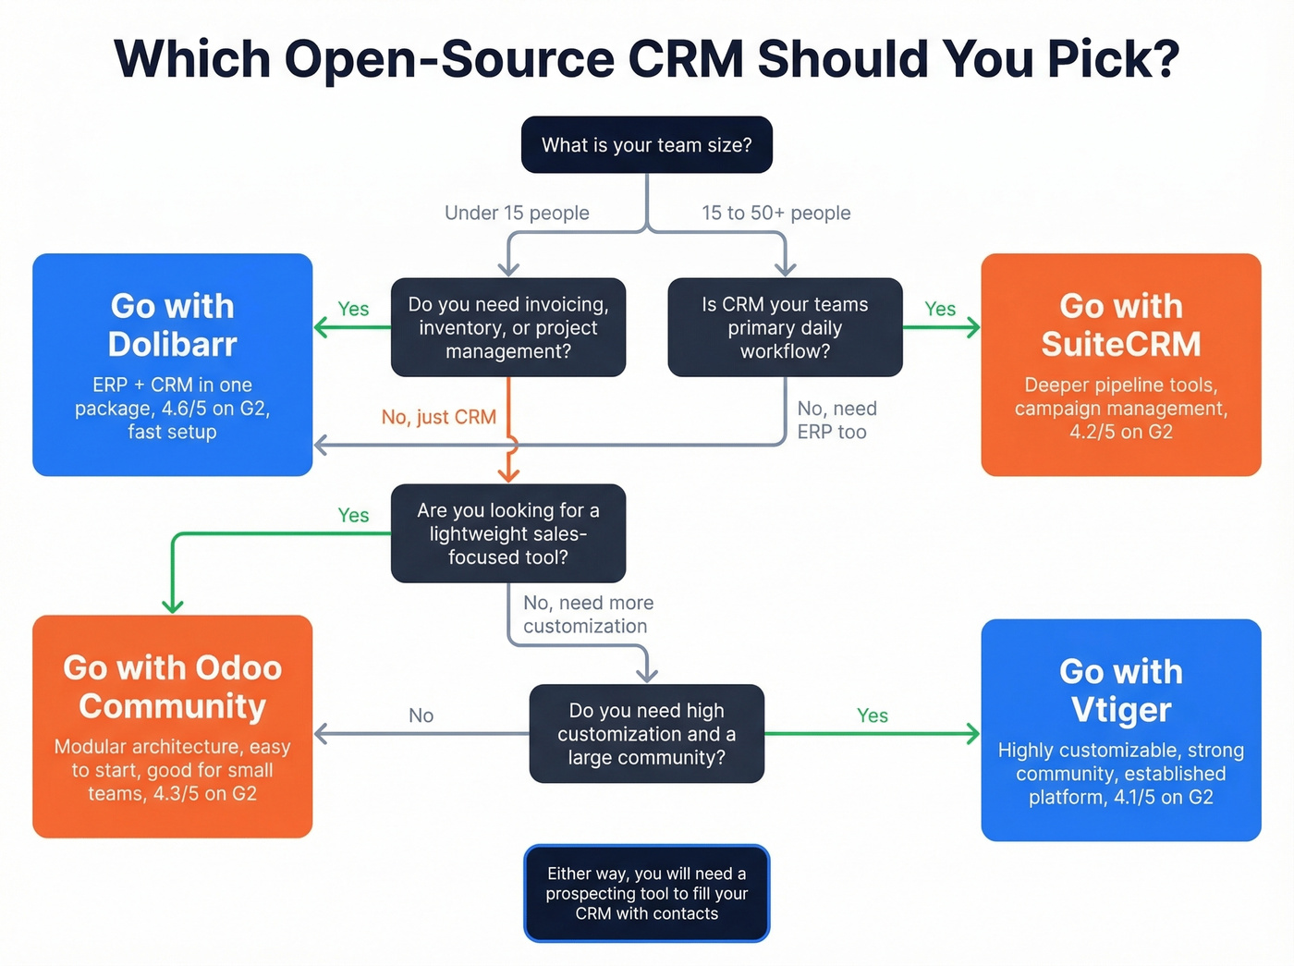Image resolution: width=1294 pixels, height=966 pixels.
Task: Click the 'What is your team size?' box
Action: click(x=646, y=145)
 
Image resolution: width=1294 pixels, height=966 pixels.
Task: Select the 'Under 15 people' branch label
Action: click(x=517, y=213)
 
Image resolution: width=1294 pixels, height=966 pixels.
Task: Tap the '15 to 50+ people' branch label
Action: click(x=775, y=213)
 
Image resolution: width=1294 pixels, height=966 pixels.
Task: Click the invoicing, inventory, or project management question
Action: click(x=508, y=327)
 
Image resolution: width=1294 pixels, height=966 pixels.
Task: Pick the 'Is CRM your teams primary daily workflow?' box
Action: click(x=785, y=327)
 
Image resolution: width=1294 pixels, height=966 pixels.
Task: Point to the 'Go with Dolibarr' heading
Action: click(x=173, y=324)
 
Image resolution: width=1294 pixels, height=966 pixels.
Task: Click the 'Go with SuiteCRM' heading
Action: click(x=1120, y=324)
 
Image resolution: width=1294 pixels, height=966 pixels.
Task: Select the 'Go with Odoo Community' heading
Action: click(x=173, y=687)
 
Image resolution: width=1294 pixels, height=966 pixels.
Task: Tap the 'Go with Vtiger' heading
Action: click(x=1120, y=691)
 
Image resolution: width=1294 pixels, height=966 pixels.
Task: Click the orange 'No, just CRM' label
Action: click(x=439, y=417)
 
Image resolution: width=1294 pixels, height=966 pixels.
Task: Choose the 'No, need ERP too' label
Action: click(x=836, y=421)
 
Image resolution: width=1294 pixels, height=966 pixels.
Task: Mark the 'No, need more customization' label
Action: click(x=588, y=615)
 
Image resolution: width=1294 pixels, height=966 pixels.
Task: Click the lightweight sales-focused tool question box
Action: click(x=508, y=533)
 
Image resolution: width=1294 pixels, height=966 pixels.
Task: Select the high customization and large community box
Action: click(x=646, y=734)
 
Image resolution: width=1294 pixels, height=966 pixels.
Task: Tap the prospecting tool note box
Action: click(x=646, y=894)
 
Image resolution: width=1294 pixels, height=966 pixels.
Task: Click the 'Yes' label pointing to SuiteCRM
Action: click(x=940, y=309)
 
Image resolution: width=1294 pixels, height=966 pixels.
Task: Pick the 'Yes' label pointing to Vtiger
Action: click(x=872, y=715)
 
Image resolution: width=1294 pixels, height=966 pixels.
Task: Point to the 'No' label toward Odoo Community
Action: click(x=421, y=715)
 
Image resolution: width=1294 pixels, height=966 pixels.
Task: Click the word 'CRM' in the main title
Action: click(x=686, y=58)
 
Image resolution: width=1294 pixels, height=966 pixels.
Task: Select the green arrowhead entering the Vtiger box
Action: click(x=973, y=734)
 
